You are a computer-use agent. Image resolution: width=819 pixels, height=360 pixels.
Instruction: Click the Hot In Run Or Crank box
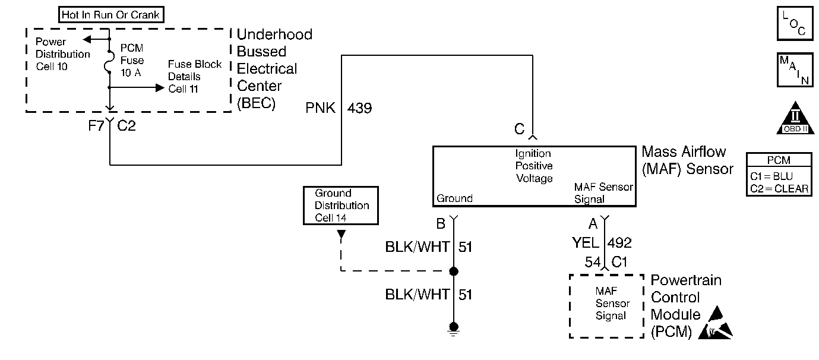111,14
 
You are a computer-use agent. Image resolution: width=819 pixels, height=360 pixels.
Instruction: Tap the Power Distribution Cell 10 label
62,54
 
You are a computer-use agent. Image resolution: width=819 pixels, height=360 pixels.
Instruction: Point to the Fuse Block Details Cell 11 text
194,77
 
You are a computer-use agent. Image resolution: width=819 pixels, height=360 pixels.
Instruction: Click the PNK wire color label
321,108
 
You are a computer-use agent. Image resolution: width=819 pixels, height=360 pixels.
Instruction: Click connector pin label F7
96,126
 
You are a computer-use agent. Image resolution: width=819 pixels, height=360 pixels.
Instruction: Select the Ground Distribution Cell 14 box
341,206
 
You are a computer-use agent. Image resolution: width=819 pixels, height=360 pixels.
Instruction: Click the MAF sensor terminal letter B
441,224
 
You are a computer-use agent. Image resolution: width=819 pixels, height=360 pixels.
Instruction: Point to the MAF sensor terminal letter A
592,224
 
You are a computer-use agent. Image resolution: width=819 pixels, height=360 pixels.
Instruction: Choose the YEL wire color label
585,242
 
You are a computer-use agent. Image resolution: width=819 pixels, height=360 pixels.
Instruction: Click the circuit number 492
620,242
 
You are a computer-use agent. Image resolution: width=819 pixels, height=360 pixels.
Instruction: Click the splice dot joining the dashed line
454,271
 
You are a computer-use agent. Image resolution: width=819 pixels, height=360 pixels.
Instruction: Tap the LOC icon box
795,24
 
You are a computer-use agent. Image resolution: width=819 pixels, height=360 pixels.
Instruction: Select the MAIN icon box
795,70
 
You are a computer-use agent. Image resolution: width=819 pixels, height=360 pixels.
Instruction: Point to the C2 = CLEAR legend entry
779,188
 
